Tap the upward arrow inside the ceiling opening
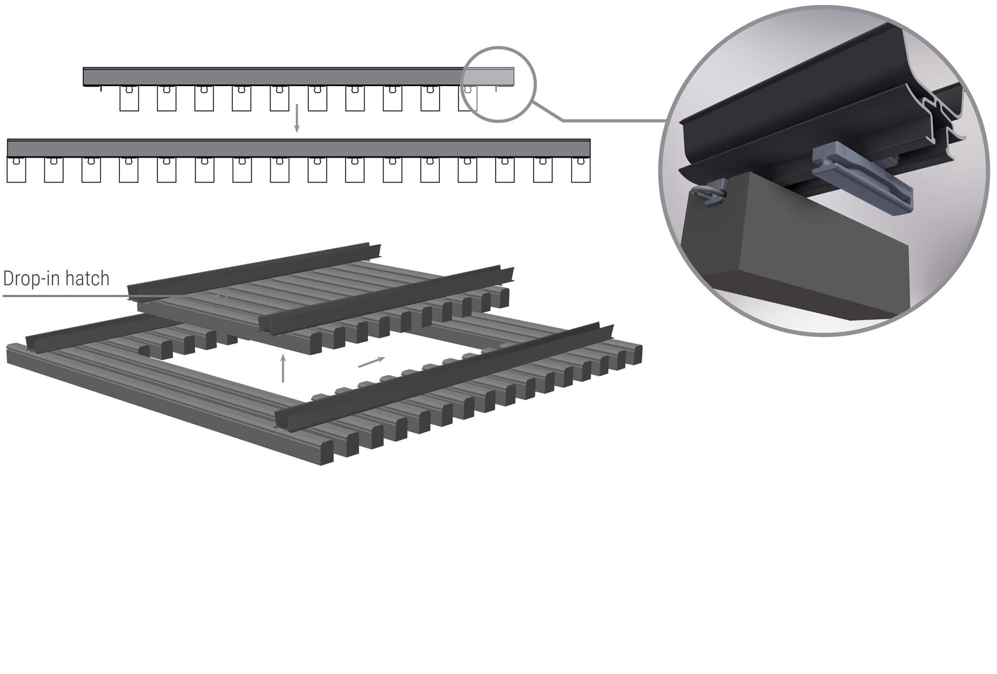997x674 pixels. [x=283, y=368]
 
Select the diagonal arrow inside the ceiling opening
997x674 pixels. [x=371, y=362]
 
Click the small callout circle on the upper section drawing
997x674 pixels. [x=498, y=84]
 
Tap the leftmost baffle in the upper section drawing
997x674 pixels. [x=129, y=99]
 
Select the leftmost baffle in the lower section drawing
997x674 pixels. [x=16, y=170]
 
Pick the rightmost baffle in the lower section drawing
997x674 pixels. [x=580, y=170]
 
